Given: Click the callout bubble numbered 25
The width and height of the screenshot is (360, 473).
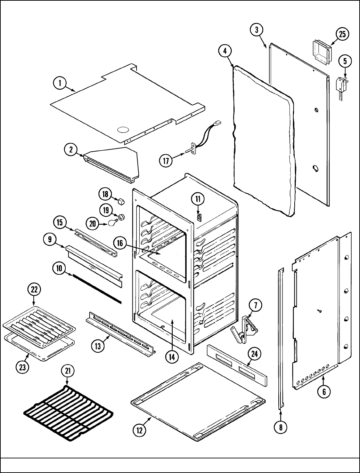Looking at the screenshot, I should click(x=342, y=34).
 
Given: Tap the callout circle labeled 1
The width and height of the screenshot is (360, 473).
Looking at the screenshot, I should click(x=60, y=83).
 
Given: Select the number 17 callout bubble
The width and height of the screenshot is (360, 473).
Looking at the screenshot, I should click(x=166, y=161).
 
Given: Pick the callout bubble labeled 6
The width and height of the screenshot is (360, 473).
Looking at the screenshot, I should click(x=324, y=392).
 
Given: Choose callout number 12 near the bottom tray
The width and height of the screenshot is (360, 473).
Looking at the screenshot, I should click(x=139, y=430).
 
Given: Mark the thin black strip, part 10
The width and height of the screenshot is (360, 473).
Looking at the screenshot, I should click(x=97, y=288).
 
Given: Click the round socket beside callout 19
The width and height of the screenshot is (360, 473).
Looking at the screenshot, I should click(x=122, y=217).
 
